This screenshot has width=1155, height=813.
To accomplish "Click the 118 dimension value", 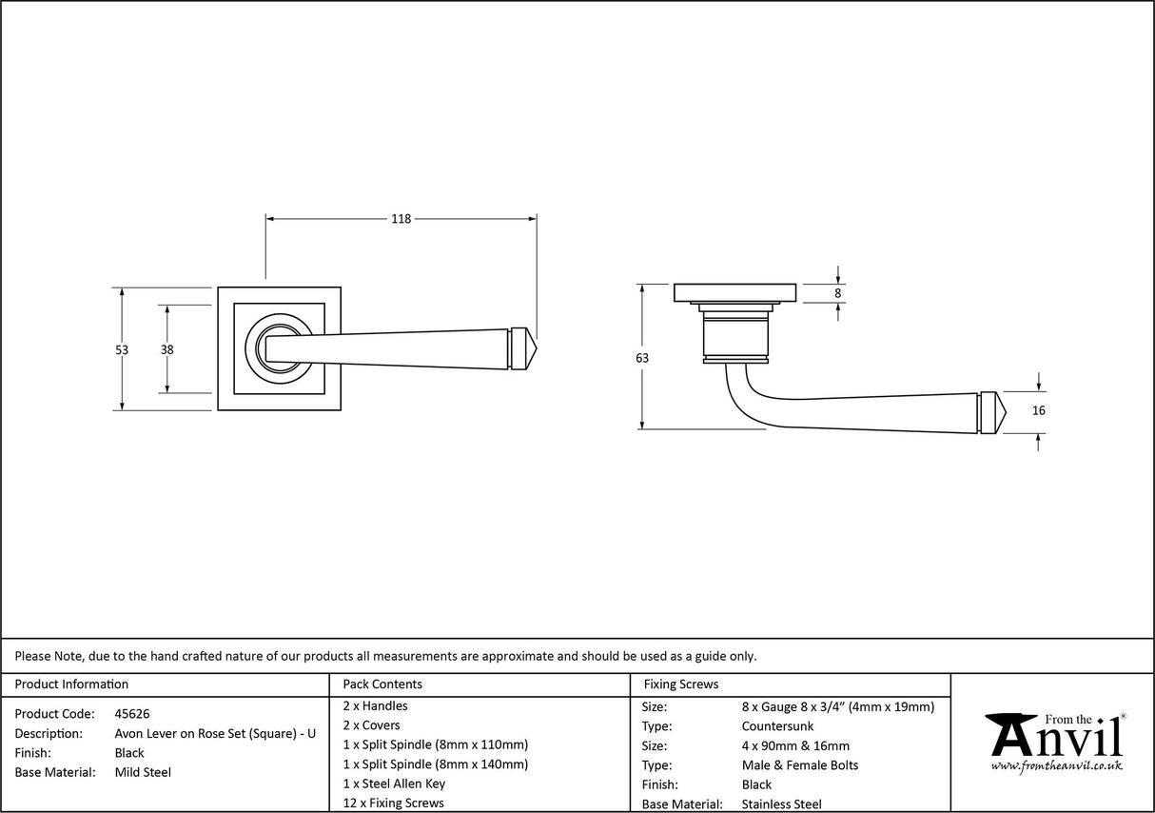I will click(x=401, y=219).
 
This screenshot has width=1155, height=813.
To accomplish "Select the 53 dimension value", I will click(x=122, y=349).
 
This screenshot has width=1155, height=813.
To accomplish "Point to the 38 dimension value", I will click(x=167, y=349).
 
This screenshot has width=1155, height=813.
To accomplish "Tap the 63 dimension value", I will click(x=642, y=358).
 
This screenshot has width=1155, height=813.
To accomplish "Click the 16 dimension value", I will click(x=1038, y=410).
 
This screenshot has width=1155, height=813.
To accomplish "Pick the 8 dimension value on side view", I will click(x=838, y=293).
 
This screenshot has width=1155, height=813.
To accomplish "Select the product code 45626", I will click(x=132, y=714).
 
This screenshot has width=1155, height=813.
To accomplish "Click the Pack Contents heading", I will click(x=382, y=684).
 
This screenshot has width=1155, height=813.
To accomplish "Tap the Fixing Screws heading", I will click(x=681, y=684).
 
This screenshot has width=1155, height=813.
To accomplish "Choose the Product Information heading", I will click(x=71, y=684).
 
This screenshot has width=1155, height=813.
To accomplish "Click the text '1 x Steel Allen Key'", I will click(x=394, y=783).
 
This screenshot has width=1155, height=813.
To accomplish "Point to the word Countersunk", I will click(x=777, y=726).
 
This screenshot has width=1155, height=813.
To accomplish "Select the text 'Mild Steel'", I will click(x=143, y=772).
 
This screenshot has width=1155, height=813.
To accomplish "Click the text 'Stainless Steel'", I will click(x=782, y=804).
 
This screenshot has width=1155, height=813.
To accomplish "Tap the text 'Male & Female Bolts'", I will click(x=800, y=765).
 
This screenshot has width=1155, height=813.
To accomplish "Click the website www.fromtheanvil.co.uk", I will click(x=1056, y=766).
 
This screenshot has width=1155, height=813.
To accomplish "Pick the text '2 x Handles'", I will click(x=375, y=706).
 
